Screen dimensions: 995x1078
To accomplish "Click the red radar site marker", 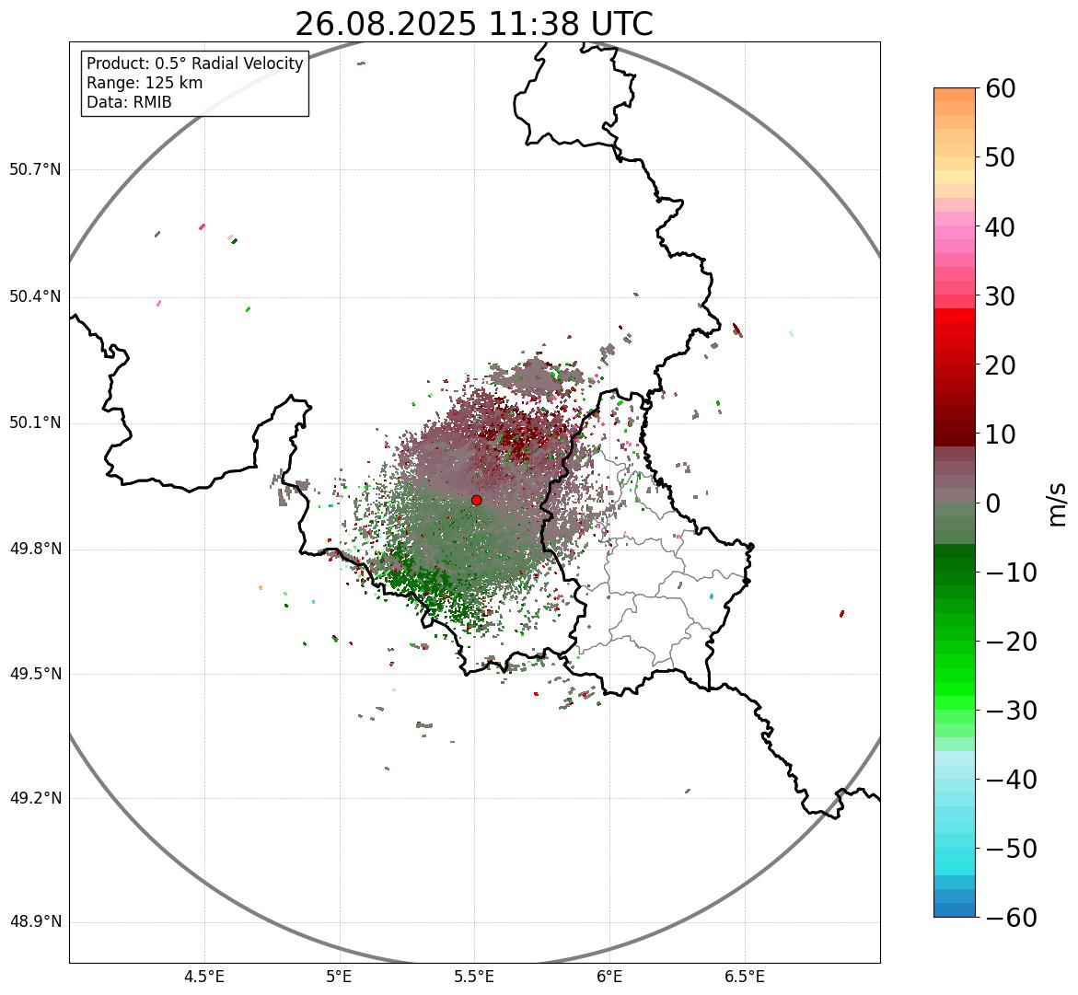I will point(476,500).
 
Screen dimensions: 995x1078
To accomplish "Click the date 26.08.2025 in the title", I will point(386,24).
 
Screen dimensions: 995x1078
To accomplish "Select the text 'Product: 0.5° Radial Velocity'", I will point(194,64).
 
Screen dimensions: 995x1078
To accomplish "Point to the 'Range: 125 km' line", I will point(145,83).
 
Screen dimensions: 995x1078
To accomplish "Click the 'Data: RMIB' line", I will point(129,102).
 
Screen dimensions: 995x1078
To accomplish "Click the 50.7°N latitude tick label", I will point(35,170).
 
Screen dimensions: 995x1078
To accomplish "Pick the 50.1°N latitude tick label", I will point(35,423).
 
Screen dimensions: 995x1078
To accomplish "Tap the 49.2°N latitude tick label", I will point(35,798).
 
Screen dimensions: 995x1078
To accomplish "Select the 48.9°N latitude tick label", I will point(35,922).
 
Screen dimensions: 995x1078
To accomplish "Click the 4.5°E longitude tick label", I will point(204,977).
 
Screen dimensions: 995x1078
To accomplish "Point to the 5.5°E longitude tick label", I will point(474,977).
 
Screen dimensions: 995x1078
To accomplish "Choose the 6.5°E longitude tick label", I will point(744,977).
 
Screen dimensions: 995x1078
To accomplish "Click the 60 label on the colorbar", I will point(1000,88).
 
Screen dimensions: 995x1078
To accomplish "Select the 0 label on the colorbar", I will point(992,503).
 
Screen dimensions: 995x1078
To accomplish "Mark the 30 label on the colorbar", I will point(1000,296).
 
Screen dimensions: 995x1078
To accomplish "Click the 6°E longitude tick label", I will point(609,977).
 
